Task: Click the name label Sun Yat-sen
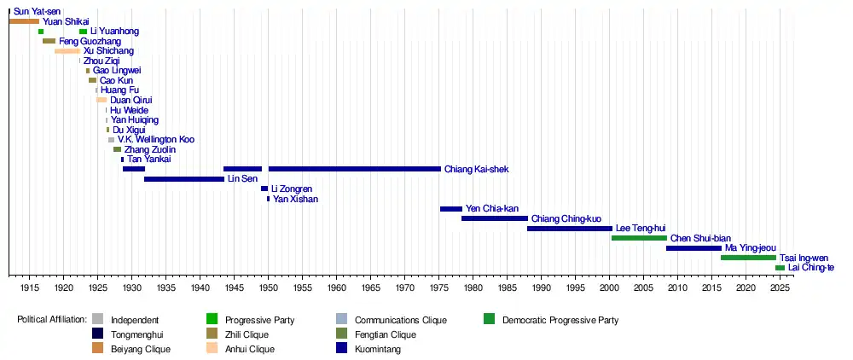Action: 37,11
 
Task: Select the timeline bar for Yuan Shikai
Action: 24,21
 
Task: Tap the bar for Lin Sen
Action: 183,179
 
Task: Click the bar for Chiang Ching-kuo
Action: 494,218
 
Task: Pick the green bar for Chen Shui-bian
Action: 639,238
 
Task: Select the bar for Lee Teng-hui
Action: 569,229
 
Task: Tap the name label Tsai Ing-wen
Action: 804,258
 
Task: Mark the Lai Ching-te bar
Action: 780,268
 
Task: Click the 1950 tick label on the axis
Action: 268,288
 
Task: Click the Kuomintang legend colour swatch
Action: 342,349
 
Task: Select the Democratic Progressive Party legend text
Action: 560,321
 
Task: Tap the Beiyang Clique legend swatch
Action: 97,349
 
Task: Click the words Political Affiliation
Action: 52,321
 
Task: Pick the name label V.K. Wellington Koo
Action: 156,139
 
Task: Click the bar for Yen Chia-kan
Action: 450,209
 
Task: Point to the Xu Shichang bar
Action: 67,51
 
